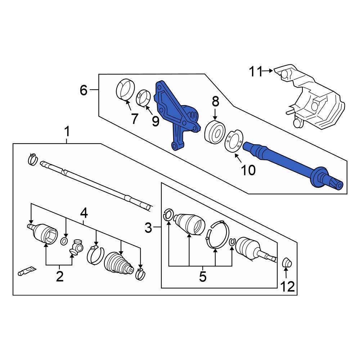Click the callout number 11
pos(256,72)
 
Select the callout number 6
pos(84,90)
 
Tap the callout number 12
pos(288,287)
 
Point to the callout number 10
pos(248,170)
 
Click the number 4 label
pos(84,213)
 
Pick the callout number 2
pos(59,276)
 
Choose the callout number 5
pos(202,276)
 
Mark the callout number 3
pos(149,228)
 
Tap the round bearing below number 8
pos(215,132)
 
